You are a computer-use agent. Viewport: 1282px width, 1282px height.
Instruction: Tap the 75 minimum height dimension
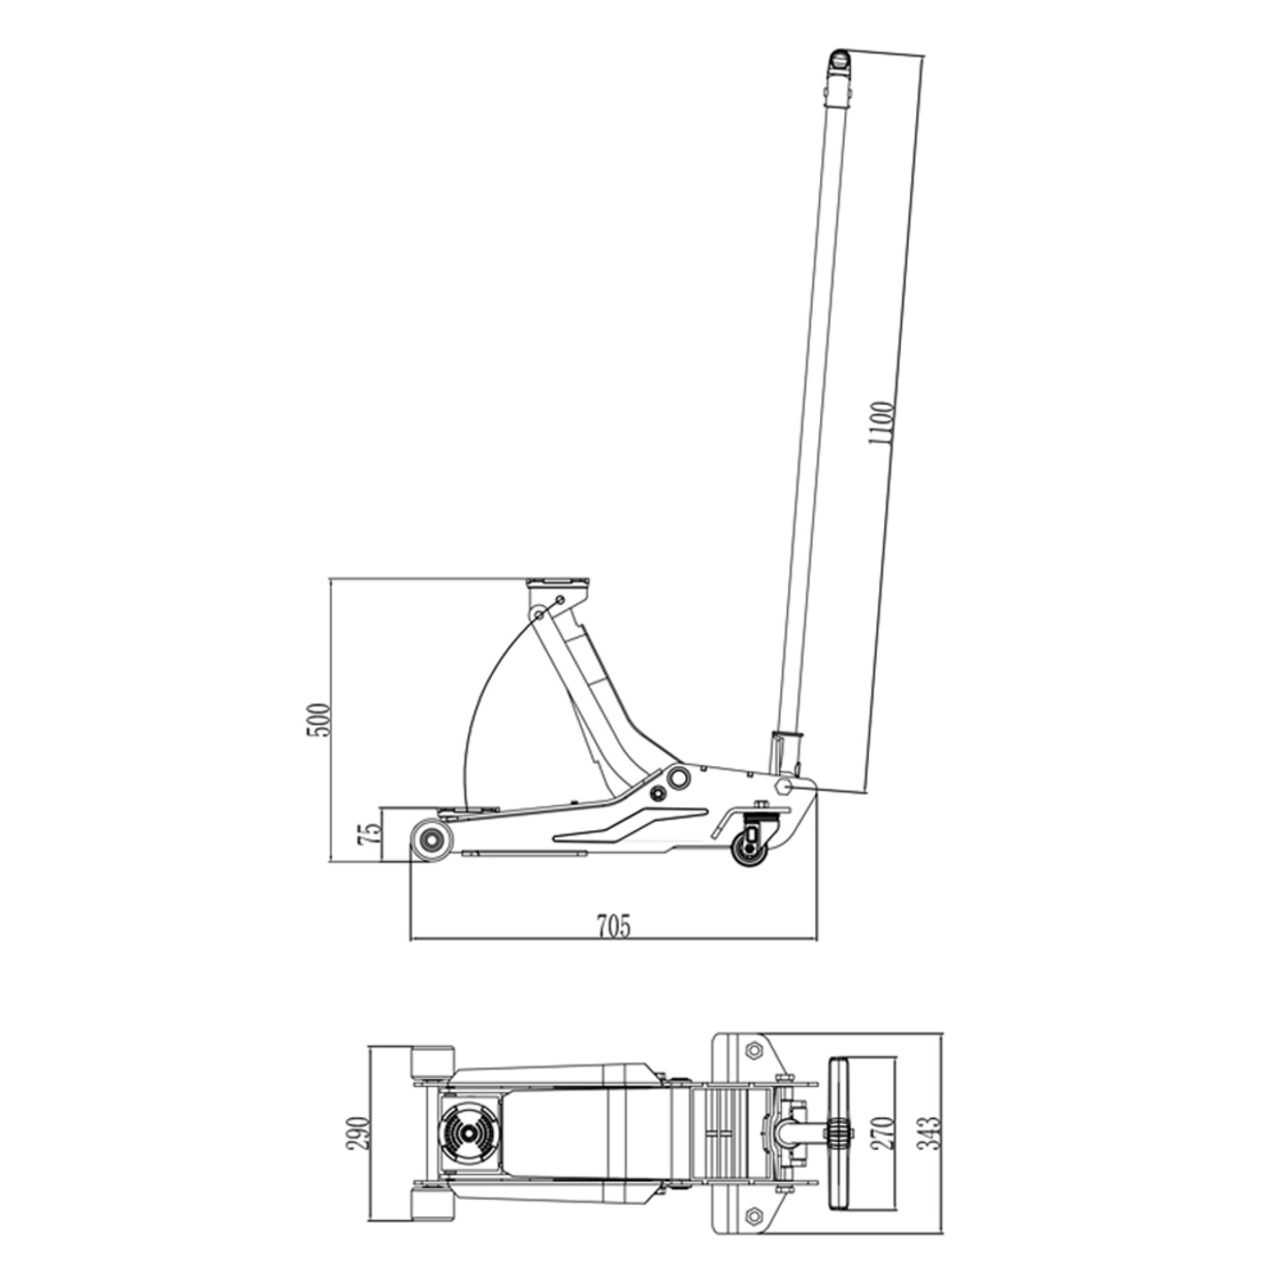tap(370, 833)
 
